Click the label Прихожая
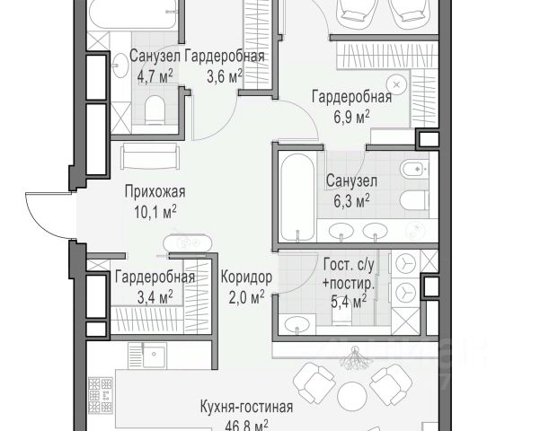coord(155,192)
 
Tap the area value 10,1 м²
coord(155,212)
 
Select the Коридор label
coord(246,277)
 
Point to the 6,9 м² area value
coord(351,117)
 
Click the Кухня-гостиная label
coord(246,407)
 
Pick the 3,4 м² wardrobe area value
coord(155,297)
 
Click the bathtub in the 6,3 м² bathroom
coord(297,197)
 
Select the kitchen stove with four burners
coord(101,395)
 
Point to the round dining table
coord(352,397)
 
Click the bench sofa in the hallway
coord(150,156)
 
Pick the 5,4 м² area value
coord(349,302)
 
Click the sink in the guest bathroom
coord(297,323)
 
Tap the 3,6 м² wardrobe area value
coord(225,75)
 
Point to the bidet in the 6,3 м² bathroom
coord(414,168)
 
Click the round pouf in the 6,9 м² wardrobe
coord(397,85)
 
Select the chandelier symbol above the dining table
coord(355,359)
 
